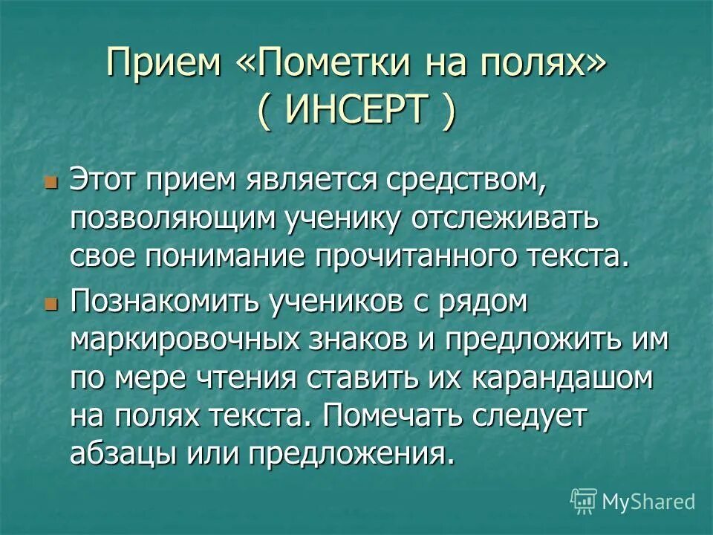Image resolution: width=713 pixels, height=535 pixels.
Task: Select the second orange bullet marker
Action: tap(51, 305)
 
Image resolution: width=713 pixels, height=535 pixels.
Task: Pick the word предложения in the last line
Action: tap(352, 453)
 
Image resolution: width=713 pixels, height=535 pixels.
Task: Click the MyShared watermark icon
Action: tap(584, 502)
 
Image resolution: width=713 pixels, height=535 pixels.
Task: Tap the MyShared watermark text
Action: tap(648, 502)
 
